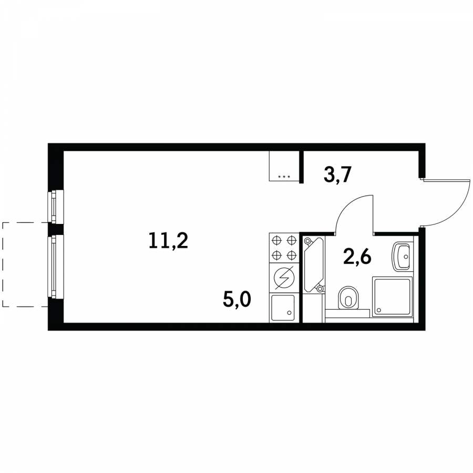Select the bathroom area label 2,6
point(357,256)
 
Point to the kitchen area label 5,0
point(237,300)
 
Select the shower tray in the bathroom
point(392,297)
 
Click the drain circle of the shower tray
point(379,310)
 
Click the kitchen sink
point(283,307)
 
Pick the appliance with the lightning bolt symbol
point(284,278)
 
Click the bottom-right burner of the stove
point(291,255)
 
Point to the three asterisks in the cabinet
point(284,177)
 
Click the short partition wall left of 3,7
point(301,167)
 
